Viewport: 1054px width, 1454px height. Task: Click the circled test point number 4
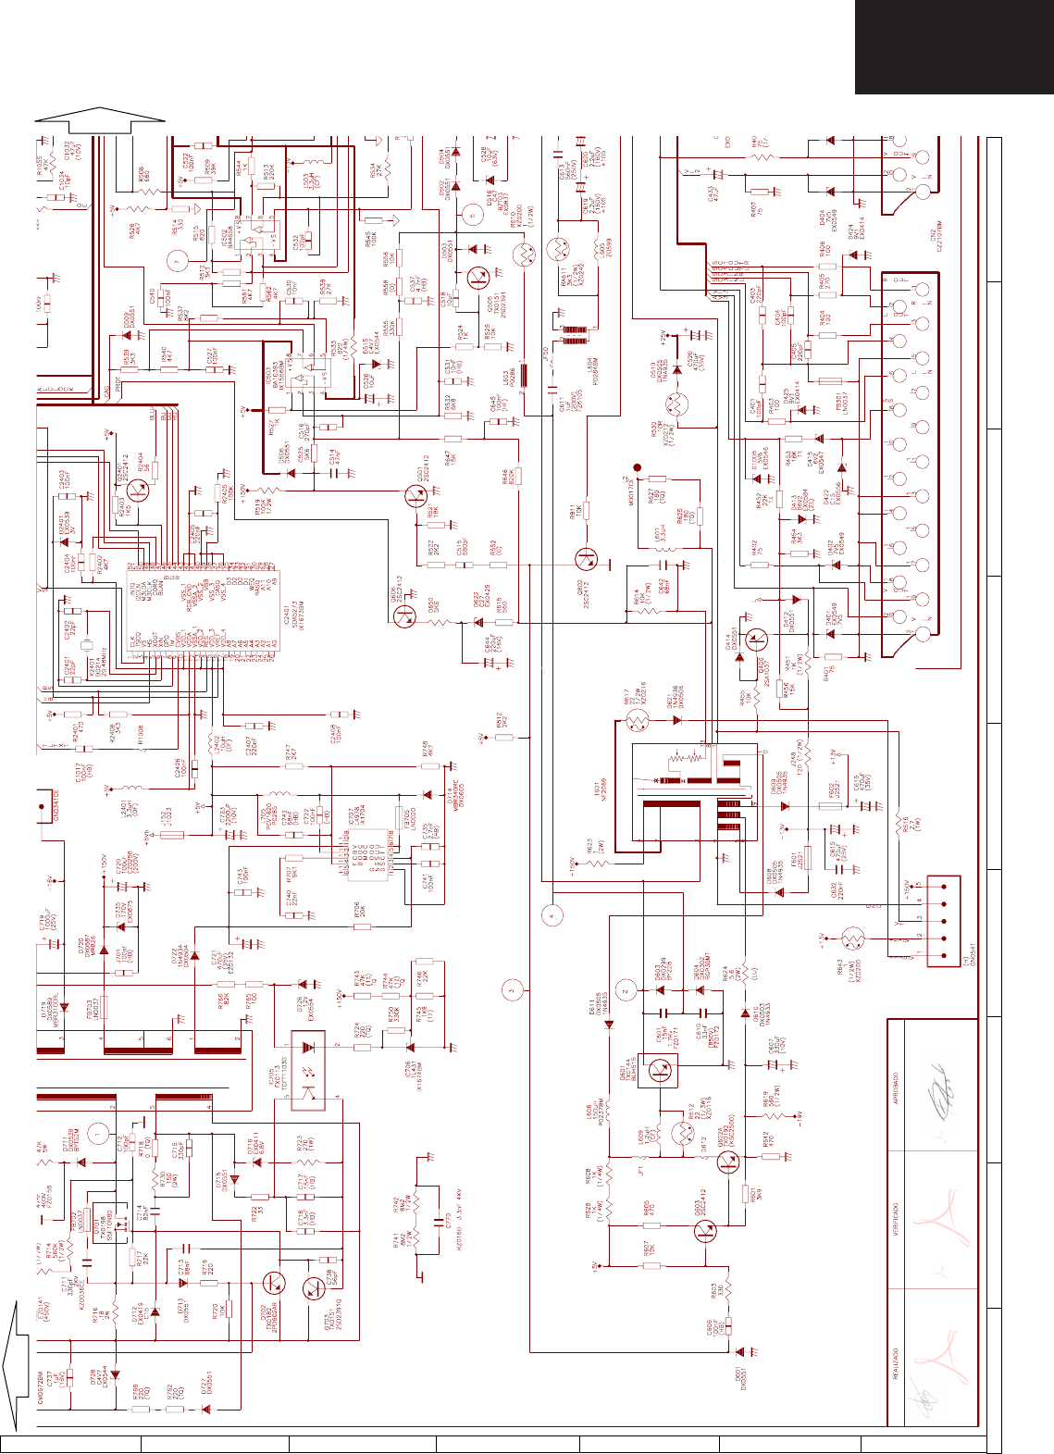tap(552, 916)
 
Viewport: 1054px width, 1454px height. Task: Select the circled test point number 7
tap(174, 261)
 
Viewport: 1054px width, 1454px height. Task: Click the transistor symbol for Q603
tap(705, 1232)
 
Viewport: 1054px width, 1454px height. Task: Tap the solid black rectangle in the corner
tap(954, 46)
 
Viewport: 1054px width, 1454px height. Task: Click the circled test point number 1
tap(103, 1131)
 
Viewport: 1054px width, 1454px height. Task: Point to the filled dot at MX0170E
tap(637, 468)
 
